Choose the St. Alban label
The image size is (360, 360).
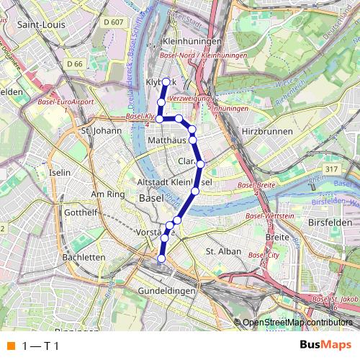(221, 251)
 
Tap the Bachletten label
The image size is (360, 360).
(84, 256)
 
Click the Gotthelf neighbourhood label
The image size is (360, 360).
(81, 214)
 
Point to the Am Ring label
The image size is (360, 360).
(108, 194)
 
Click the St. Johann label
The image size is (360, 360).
(99, 131)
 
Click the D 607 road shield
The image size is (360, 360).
(113, 22)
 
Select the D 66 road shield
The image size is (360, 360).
(76, 64)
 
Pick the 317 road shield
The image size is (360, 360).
(331, 168)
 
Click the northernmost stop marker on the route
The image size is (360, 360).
(166, 81)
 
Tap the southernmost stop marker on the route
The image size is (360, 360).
(161, 258)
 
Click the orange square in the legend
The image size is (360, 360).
(10, 346)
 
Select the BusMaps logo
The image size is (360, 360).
(325, 345)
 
